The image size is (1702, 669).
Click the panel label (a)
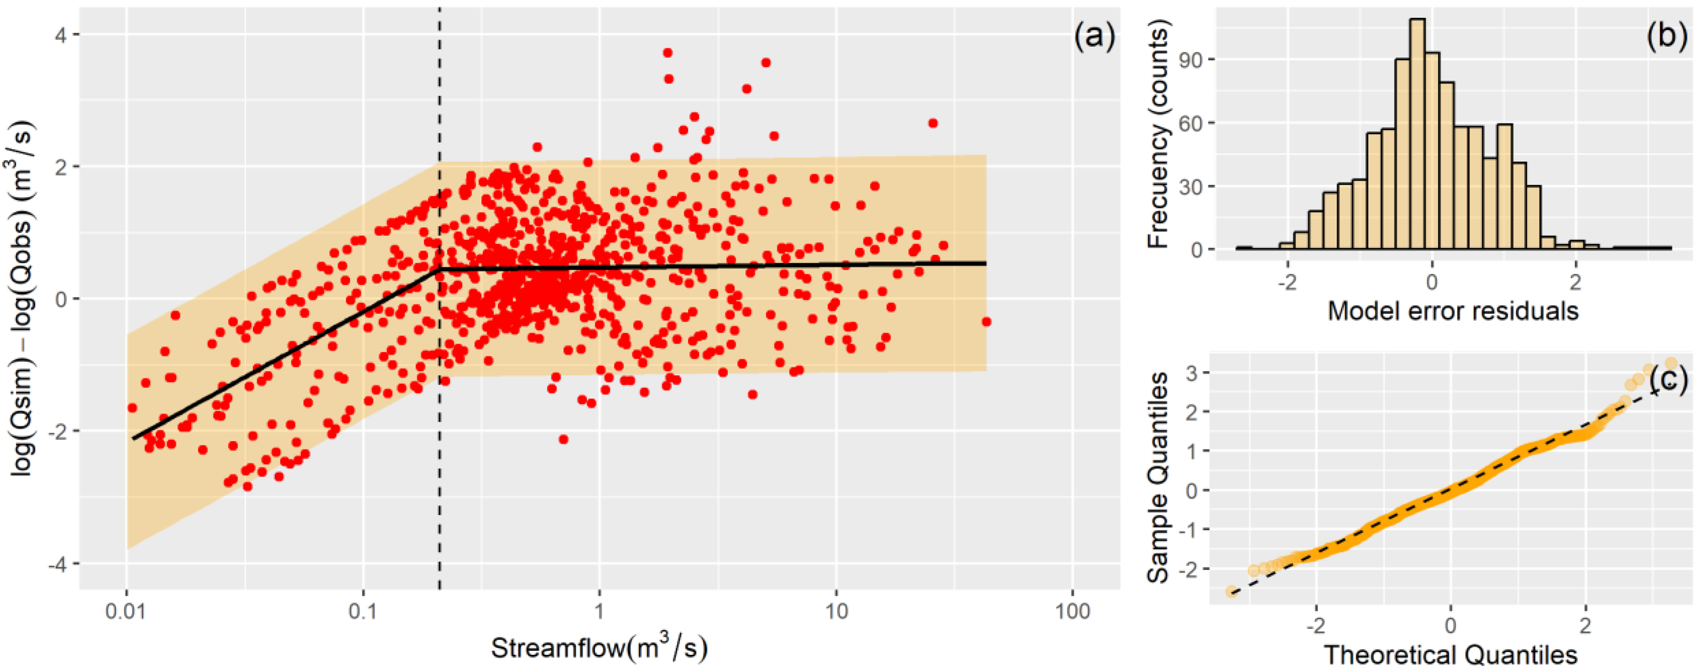tap(1093, 37)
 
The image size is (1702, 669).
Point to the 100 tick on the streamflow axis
tap(1072, 611)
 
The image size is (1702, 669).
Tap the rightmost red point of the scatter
tap(986, 322)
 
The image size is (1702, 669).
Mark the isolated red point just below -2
tap(563, 439)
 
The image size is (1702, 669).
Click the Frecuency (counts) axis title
tap(1160, 134)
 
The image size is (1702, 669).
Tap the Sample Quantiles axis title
tap(1158, 477)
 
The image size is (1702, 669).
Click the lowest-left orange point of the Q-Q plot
tap(1231, 591)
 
